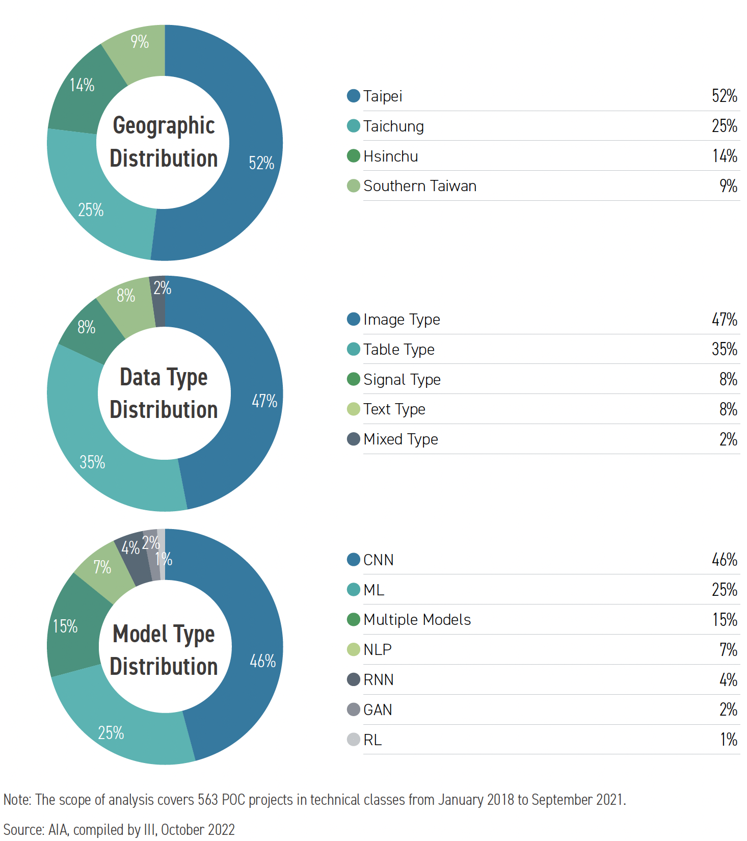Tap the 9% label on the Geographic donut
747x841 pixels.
coord(140,42)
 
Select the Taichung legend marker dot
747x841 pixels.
coord(353,126)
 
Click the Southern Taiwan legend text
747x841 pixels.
coord(419,186)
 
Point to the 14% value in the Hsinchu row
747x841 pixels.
coord(725,156)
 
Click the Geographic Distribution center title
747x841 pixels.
coord(164,142)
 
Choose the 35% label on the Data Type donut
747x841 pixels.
coord(92,462)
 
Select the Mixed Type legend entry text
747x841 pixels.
coord(401,439)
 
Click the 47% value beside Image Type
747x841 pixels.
coord(724,320)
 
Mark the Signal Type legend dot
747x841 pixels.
coord(353,379)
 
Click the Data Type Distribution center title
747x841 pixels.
coord(164,393)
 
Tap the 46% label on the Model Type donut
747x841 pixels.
coord(262,661)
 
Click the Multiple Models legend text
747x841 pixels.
coord(417,620)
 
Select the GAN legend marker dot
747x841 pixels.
coord(353,709)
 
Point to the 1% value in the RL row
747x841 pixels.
coord(729,740)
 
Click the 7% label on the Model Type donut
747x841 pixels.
coord(102,567)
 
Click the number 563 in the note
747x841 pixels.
coord(208,800)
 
